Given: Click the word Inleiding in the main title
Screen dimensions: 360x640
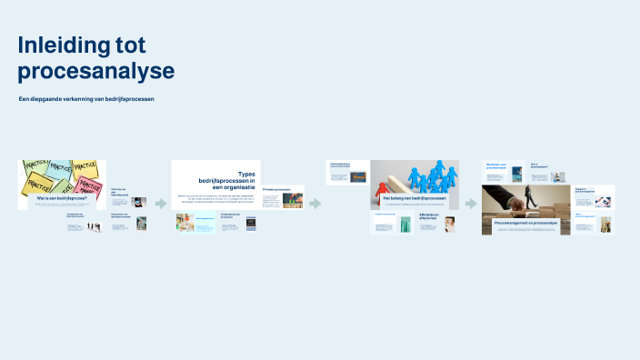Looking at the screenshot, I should (64, 45).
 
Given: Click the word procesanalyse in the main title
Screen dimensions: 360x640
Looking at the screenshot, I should (95, 71).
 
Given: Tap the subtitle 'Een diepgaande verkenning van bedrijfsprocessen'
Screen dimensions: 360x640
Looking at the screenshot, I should (86, 98).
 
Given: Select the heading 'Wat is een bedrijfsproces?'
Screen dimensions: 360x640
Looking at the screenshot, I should (62, 197).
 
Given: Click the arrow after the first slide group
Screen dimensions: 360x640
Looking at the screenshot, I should (161, 204).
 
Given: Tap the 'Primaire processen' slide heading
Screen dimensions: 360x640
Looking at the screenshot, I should (276, 190).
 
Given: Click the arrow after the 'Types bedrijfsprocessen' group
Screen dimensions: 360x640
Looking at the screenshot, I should (315, 204).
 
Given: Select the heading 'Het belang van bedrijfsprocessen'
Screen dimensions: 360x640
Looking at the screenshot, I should (415, 197).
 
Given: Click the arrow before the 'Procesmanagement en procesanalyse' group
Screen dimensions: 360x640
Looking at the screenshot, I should (471, 204).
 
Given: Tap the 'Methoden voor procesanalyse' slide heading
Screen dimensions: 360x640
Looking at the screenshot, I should (497, 166).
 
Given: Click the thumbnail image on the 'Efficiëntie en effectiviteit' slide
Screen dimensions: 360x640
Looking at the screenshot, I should (449, 225).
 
